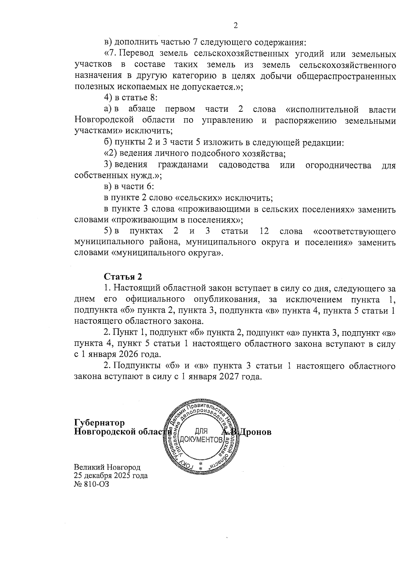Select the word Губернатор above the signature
pyautogui.click(x=99, y=423)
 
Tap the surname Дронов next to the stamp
pyautogui.click(x=255, y=432)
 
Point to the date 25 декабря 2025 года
pyautogui.click(x=111, y=475)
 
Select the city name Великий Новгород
pyautogui.click(x=107, y=467)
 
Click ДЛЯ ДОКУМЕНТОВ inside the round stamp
pyautogui.click(x=201, y=435)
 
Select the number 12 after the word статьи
pyautogui.click(x=264, y=231)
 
